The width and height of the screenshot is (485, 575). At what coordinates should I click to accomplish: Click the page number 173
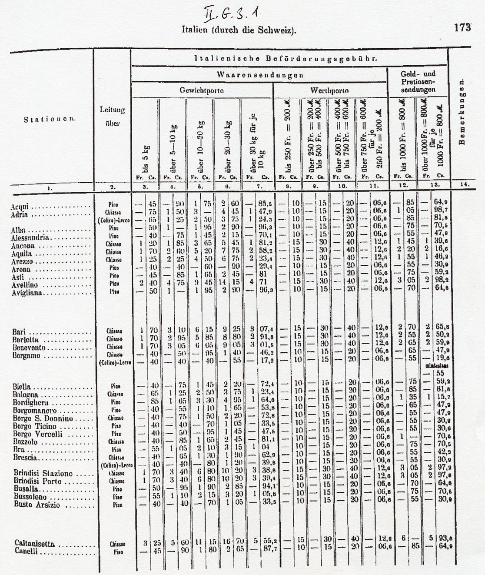pyautogui.click(x=462, y=27)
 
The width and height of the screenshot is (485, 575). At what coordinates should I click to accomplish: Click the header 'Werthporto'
pyautogui.click(x=329, y=91)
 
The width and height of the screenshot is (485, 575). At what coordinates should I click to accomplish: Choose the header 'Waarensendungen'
pyautogui.click(x=259, y=74)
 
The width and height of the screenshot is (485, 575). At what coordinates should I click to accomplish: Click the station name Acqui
pyautogui.click(x=20, y=207)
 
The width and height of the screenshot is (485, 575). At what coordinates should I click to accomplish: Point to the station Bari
pyautogui.click(x=19, y=333)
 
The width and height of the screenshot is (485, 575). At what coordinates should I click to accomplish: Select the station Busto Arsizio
pyautogui.click(x=36, y=505)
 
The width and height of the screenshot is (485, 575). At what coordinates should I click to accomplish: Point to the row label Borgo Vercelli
pyautogui.click(x=38, y=434)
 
